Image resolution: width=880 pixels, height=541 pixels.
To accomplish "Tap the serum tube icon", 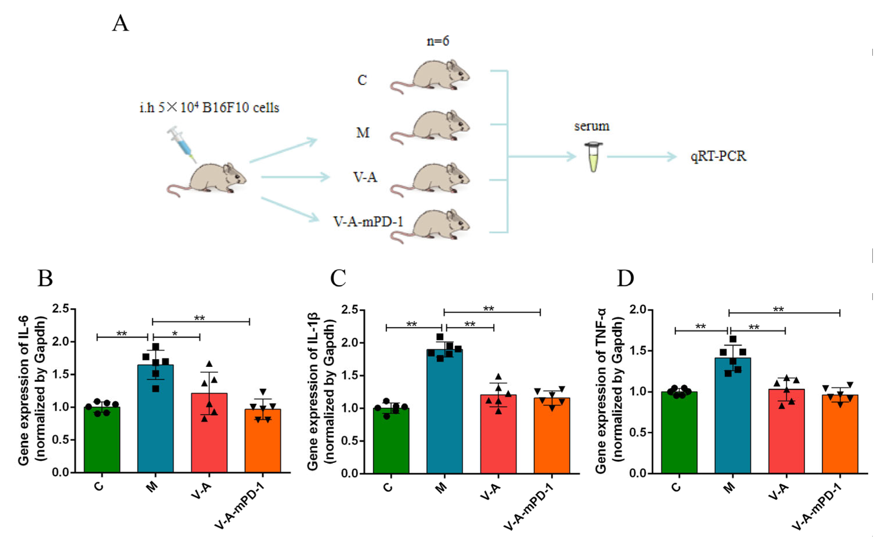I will tap(594, 156).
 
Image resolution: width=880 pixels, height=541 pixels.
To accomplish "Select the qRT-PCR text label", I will tap(718, 156).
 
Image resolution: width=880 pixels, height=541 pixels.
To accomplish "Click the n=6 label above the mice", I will tap(438, 41).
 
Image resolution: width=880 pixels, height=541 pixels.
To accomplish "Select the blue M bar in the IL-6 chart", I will tap(156, 422).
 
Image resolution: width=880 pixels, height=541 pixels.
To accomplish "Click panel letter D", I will tap(626, 278).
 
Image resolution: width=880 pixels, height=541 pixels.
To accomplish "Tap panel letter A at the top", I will tap(120, 24).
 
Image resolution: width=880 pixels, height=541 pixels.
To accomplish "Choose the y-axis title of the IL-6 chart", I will tap(32, 390).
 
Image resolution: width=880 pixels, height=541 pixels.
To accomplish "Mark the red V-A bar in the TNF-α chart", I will tap(786, 433).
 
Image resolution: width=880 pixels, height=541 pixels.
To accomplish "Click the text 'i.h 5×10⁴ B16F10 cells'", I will tap(209, 107).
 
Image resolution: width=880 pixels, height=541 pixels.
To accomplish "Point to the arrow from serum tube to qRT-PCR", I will tap(642, 156).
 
